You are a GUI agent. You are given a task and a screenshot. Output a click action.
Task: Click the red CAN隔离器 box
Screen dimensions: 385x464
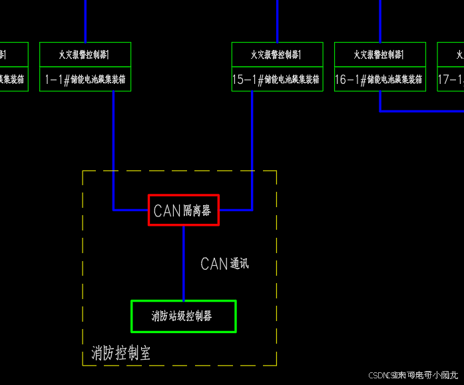pos(183,210)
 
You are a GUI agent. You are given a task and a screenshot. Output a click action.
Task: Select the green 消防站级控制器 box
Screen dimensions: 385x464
pos(184,316)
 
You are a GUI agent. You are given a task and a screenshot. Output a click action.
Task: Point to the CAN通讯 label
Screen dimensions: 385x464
pos(224,264)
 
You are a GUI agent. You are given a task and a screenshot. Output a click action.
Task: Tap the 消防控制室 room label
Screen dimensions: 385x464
pos(120,353)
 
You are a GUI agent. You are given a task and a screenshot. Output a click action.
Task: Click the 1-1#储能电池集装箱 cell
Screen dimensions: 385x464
pos(85,79)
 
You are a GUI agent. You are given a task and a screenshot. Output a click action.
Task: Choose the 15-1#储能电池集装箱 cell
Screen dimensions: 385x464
pos(277,79)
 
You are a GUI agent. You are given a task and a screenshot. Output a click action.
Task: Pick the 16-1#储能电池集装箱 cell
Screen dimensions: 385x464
pos(379,79)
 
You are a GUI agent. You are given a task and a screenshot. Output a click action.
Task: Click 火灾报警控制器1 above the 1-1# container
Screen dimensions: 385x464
pos(85,55)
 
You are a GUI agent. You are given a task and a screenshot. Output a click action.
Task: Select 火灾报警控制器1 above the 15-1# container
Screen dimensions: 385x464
pos(277,55)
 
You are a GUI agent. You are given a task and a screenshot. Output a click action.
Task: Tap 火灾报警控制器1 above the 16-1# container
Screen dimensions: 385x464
pos(379,55)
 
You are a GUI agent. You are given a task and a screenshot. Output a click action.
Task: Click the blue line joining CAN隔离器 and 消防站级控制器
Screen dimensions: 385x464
pos(184,263)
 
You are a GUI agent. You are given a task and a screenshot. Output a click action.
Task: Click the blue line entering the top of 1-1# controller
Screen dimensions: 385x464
pos(85,20)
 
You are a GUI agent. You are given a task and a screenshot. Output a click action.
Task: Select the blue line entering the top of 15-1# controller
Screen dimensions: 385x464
pos(277,20)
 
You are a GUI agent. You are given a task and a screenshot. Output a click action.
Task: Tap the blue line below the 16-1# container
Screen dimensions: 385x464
pos(380,102)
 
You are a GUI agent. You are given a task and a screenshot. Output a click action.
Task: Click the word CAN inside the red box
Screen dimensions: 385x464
pos(167,210)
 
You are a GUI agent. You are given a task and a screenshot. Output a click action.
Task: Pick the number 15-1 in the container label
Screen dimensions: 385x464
pos(244,80)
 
